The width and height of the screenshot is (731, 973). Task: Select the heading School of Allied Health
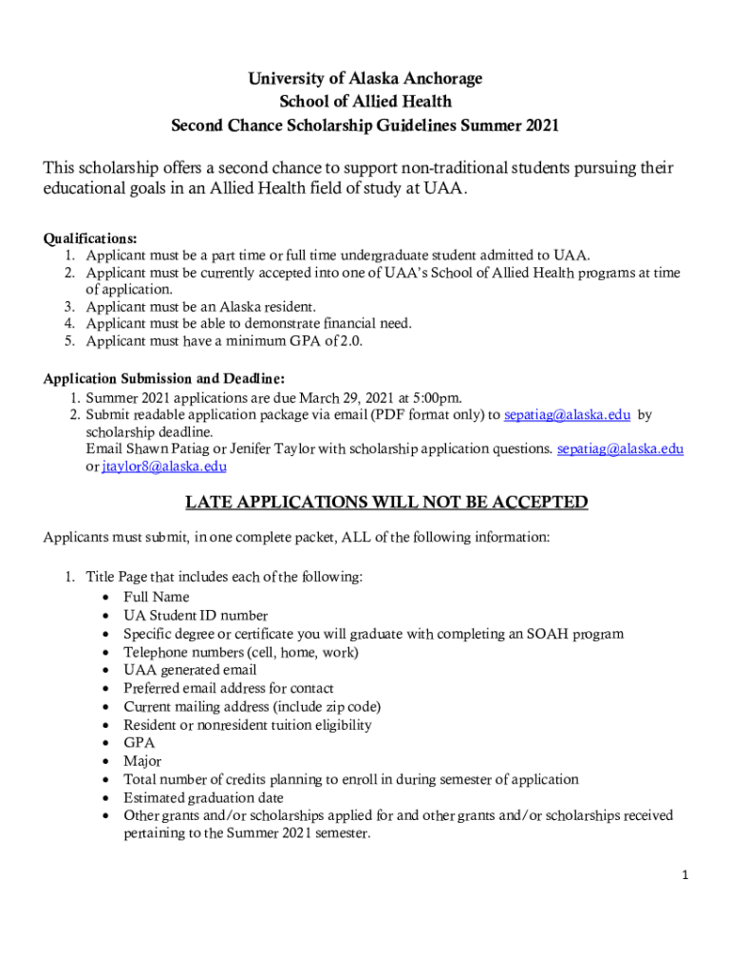pyautogui.click(x=365, y=101)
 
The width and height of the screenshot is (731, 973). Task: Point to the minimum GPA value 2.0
pyautogui.click(x=351, y=341)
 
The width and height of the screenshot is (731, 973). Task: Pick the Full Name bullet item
pyautogui.click(x=157, y=597)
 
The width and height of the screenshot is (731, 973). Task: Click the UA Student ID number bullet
pyautogui.click(x=196, y=615)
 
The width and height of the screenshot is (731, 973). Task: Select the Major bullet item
pyautogui.click(x=142, y=761)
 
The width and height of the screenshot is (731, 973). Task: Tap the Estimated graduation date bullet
pyautogui.click(x=210, y=797)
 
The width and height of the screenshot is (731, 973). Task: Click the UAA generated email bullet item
pyautogui.click(x=190, y=670)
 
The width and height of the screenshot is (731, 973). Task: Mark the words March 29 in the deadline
pyautogui.click(x=333, y=397)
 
